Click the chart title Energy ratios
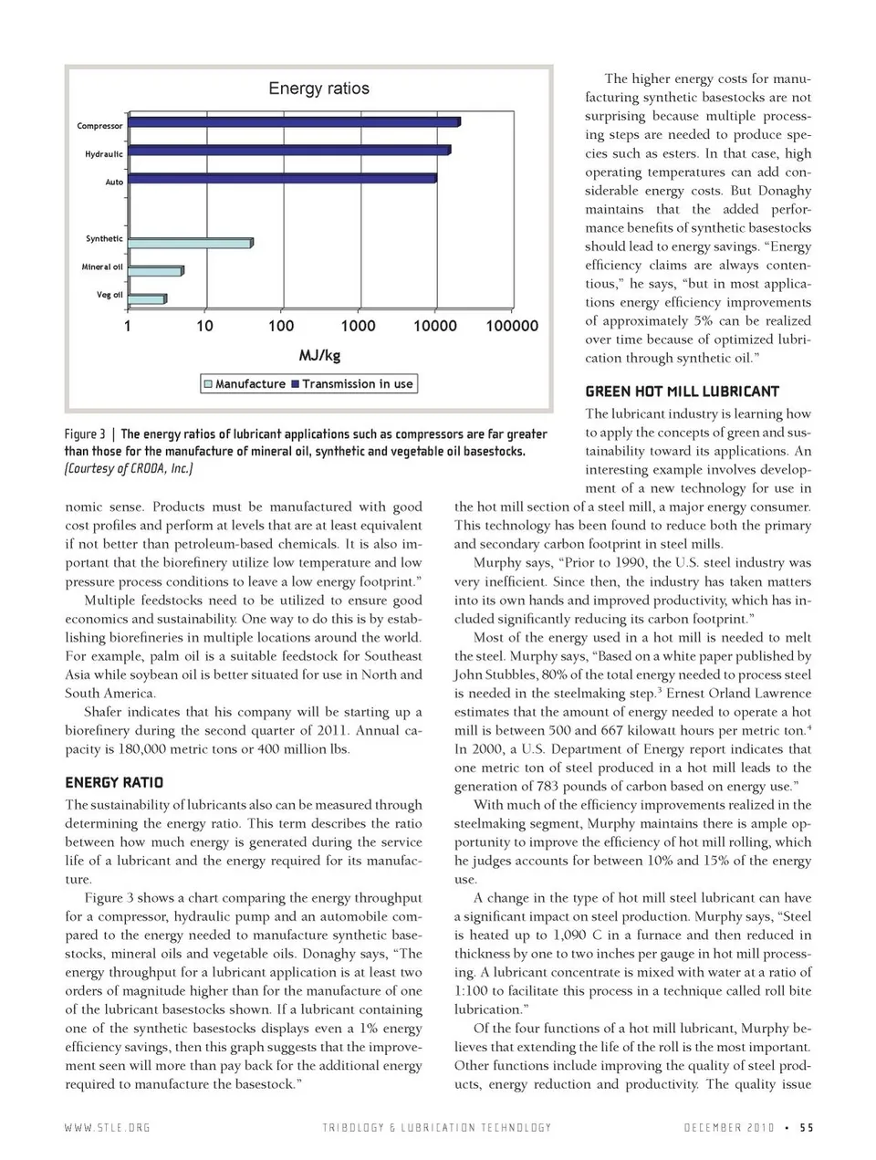tap(318, 89)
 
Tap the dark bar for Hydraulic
tap(287, 151)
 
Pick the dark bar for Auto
tap(281, 178)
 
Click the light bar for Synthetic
tap(189, 244)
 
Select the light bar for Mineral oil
tap(155, 271)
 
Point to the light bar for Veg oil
tap(147, 299)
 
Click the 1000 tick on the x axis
tap(358, 326)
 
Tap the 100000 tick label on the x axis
tap(512, 326)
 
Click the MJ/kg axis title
tap(319, 355)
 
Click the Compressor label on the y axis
tap(99, 126)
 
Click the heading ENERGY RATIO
tap(114, 782)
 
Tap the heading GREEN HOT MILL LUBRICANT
tap(682, 392)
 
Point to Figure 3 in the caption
tap(85, 434)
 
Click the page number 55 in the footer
tap(806, 1128)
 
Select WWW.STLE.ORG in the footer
tap(108, 1128)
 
